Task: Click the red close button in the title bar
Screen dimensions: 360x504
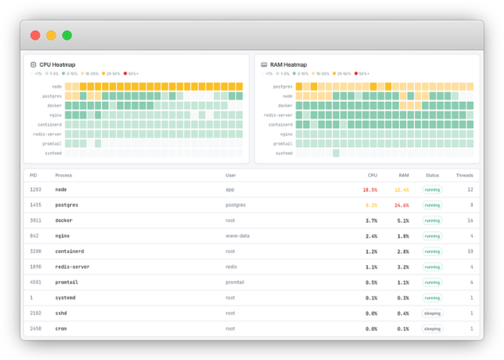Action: tap(35, 35)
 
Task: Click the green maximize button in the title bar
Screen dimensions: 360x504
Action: tap(67, 35)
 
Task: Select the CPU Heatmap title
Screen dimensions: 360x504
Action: tap(57, 64)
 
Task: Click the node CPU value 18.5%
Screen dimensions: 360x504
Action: tap(370, 190)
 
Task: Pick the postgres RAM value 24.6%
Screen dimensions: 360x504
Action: tap(401, 205)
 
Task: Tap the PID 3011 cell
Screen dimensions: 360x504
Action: tap(36, 220)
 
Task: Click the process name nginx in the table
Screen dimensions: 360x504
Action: tap(61, 236)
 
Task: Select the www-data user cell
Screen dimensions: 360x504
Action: tap(237, 236)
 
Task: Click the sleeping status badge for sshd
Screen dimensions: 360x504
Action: tap(432, 313)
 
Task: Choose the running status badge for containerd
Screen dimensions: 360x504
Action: tap(432, 251)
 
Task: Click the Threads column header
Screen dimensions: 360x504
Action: tap(464, 175)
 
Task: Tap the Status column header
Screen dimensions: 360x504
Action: tap(432, 175)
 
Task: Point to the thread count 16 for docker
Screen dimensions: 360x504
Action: tap(471, 220)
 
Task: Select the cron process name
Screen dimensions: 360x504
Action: tap(60, 328)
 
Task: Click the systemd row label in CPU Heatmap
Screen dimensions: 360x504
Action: tap(52, 153)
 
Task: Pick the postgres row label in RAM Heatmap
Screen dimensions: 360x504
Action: tap(283, 86)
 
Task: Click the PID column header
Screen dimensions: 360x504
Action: tap(33, 175)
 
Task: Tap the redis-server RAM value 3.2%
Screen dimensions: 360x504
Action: tap(402, 267)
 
